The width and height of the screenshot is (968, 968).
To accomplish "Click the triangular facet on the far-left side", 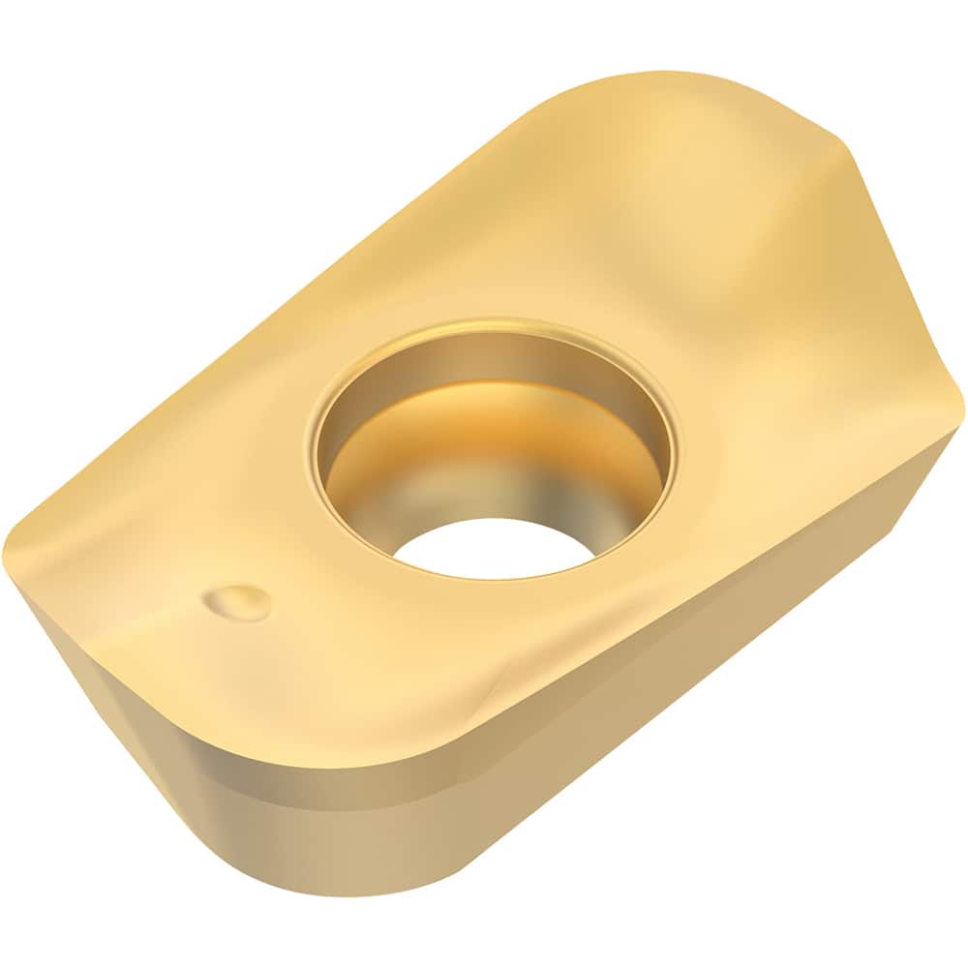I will point(58,629).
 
